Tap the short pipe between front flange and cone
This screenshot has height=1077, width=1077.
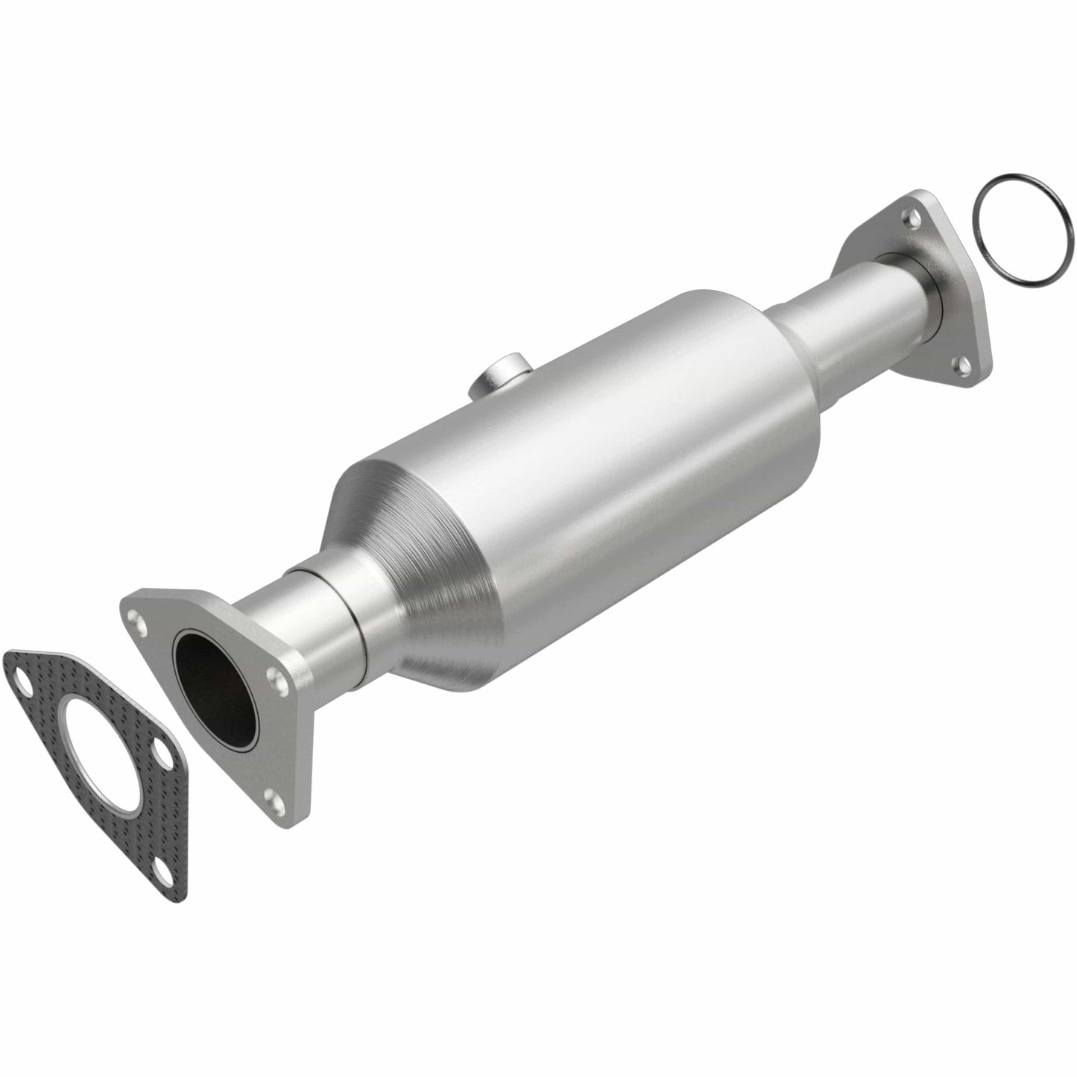click(x=320, y=611)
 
